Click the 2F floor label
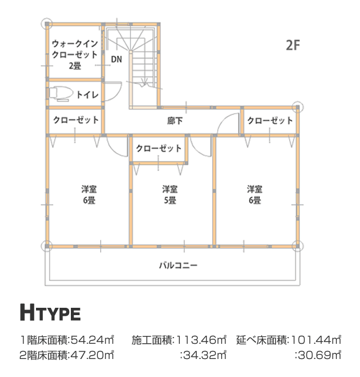coord(293,45)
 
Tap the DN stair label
coord(116,60)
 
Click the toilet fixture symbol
coord(61,94)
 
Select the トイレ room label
coord(88,95)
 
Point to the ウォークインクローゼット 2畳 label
coord(75,55)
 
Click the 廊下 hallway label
coord(175,121)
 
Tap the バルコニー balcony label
coord(178,265)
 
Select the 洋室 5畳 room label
coord(170,195)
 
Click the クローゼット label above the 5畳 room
coord(159,149)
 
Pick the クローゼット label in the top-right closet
coord(270,120)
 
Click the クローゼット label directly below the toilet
coord(76,120)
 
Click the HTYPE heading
coord(50,312)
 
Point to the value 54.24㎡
coord(92,340)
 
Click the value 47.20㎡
coord(92,355)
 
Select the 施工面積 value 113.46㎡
coord(201,340)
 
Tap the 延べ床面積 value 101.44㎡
coord(316,340)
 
